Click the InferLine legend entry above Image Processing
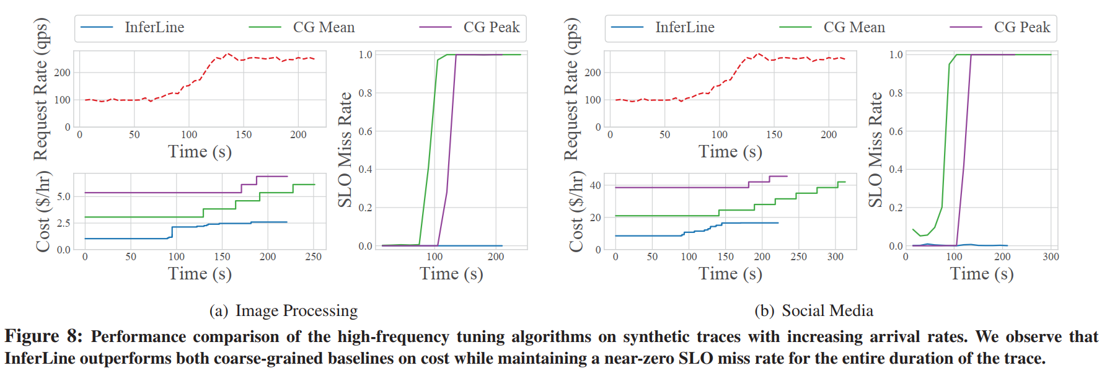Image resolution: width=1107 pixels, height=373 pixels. (154, 27)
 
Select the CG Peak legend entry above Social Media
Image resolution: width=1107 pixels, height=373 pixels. (1021, 27)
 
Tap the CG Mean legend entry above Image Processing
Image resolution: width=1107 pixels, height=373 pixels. (324, 27)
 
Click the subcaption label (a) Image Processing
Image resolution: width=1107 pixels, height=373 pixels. (283, 310)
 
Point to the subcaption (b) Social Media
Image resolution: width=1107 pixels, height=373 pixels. (814, 310)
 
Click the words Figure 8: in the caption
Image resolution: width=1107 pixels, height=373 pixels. (43, 336)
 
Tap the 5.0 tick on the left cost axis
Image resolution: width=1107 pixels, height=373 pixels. (64, 196)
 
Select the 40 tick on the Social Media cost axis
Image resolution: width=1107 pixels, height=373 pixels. (595, 185)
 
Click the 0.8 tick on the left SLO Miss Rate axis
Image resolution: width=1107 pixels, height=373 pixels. (365, 93)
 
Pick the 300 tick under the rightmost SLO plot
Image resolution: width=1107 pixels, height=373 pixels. (1051, 257)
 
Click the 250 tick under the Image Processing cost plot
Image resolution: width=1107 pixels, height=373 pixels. (314, 257)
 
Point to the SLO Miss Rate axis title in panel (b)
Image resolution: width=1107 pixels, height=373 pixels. (875, 149)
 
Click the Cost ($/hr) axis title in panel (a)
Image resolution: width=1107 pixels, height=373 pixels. (42, 211)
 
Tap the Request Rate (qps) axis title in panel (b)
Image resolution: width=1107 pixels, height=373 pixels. (571, 89)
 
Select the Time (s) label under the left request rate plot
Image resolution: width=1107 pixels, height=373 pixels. (200, 152)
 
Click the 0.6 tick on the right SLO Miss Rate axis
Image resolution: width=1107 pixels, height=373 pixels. (896, 131)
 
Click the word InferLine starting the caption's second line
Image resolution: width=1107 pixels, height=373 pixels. (40, 359)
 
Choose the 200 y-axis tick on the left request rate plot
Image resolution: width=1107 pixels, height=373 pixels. (63, 72)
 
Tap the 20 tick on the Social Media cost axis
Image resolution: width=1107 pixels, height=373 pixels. (595, 217)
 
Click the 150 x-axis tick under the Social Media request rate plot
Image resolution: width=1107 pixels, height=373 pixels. (774, 134)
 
